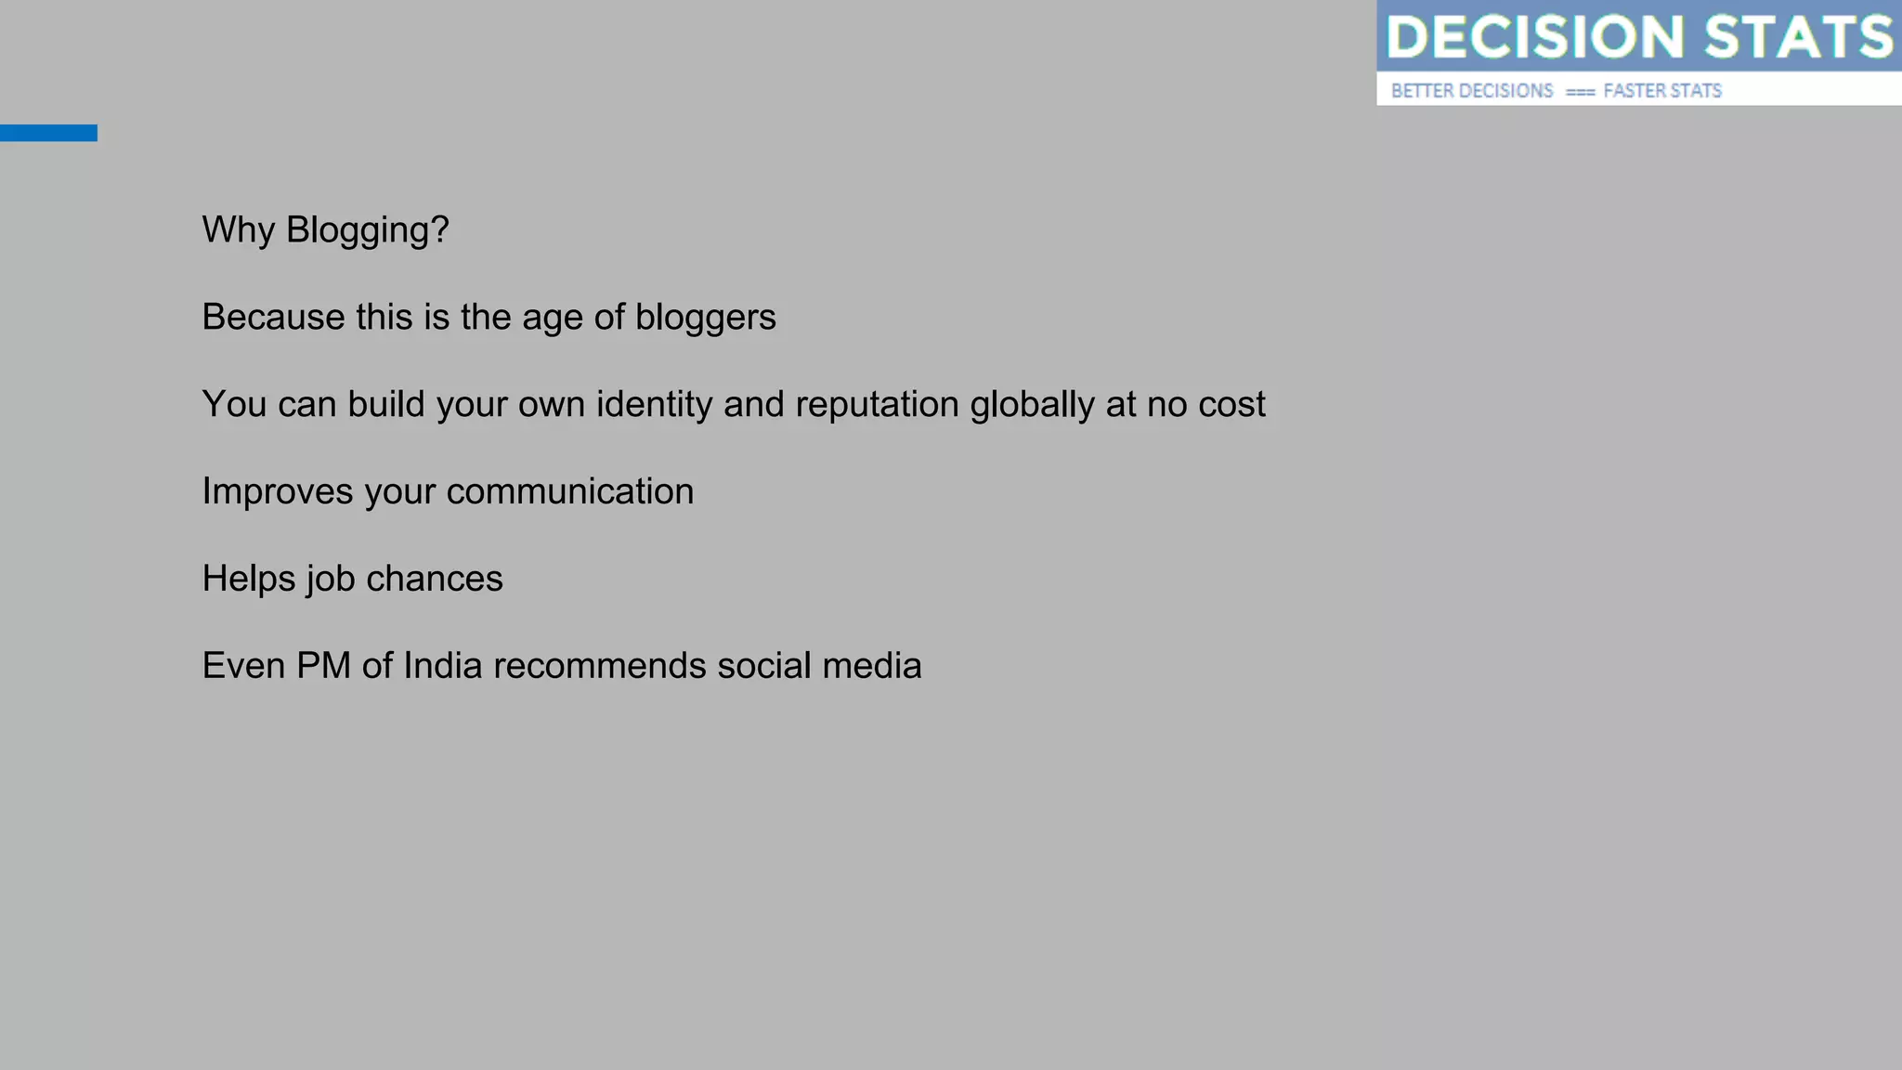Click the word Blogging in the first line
(x=367, y=230)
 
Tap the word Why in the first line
(x=238, y=230)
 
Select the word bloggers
(x=705, y=318)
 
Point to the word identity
(x=654, y=405)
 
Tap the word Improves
(x=277, y=492)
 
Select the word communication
(x=569, y=492)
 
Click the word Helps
(x=248, y=579)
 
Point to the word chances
(x=434, y=579)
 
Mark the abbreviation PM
(x=323, y=666)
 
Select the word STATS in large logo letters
(x=1798, y=37)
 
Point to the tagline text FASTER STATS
(x=1662, y=91)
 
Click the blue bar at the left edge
(x=48, y=133)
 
